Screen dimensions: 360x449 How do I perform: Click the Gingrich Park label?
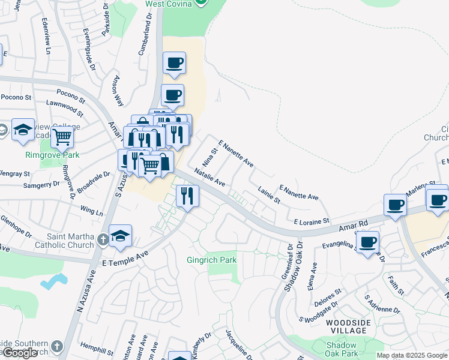point(211,260)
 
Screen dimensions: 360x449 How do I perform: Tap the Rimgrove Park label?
point(52,155)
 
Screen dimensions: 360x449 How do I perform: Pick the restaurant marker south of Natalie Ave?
point(187,196)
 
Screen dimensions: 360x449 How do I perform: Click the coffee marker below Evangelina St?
point(367,243)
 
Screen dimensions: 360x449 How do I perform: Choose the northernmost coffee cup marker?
point(174,63)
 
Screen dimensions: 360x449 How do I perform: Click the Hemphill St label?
point(97,350)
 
